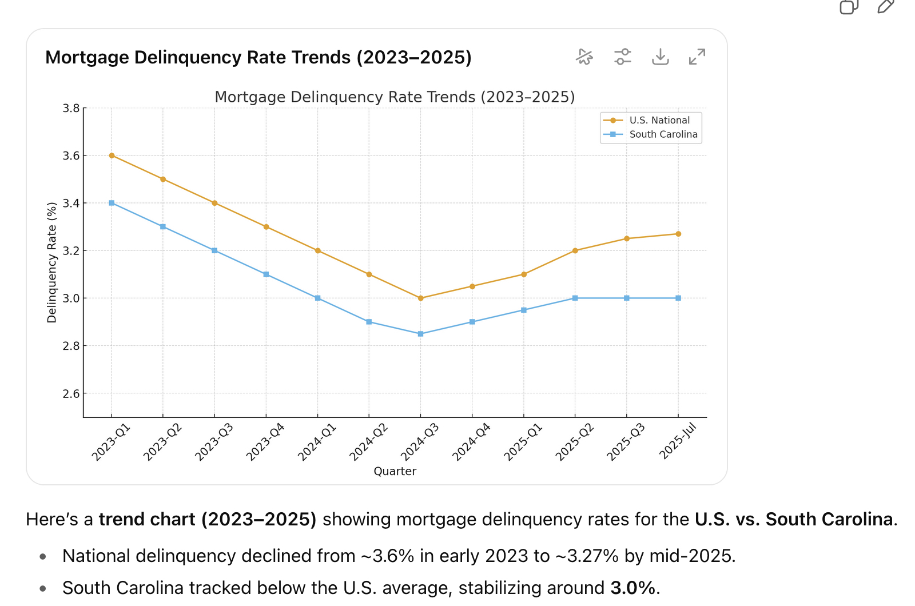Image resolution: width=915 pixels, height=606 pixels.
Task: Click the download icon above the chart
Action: click(x=660, y=57)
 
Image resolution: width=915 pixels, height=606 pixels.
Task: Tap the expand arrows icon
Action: click(x=697, y=57)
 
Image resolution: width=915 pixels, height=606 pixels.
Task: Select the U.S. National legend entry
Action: click(x=659, y=120)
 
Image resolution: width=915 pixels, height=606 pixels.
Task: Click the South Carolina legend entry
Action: click(x=663, y=134)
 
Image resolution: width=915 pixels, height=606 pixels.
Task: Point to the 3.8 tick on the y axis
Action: click(x=71, y=108)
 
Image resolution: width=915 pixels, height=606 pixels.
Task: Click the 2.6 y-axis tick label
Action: click(x=71, y=393)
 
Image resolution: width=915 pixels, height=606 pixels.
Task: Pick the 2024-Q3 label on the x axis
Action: click(x=420, y=441)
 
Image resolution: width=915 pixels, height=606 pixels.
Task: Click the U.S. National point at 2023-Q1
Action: click(x=112, y=156)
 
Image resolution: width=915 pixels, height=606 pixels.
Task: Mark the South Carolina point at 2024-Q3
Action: click(x=421, y=334)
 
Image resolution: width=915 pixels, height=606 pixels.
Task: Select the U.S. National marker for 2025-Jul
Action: click(x=678, y=234)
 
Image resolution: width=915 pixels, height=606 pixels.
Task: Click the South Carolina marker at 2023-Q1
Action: click(x=112, y=203)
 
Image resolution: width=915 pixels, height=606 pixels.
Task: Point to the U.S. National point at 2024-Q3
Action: click(x=421, y=298)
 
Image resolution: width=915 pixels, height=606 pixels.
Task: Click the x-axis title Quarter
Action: click(x=395, y=471)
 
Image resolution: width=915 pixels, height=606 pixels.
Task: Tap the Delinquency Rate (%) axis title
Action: click(x=52, y=262)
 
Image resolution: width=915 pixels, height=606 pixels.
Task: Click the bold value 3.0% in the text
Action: click(x=632, y=588)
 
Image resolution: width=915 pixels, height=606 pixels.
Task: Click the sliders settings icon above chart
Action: click(x=622, y=57)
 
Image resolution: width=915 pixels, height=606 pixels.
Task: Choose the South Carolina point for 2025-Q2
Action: click(x=575, y=298)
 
